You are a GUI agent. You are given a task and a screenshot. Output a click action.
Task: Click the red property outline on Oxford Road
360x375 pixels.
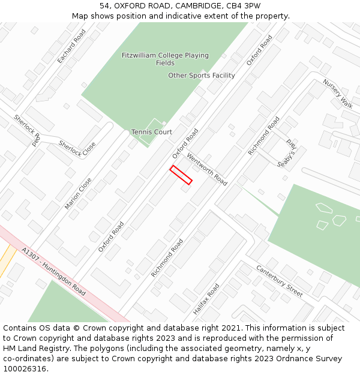pos(181,175)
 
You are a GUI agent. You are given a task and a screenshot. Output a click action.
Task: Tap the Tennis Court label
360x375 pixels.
pos(152,132)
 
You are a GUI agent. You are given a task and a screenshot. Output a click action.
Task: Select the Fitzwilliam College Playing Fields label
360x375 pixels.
pos(165,59)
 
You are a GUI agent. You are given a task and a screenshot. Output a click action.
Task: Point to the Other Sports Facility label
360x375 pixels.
pos(202,76)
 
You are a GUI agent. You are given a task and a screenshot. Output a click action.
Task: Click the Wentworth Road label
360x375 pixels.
pos(207,169)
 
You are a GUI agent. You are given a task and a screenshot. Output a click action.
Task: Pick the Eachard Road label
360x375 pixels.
pos(72,46)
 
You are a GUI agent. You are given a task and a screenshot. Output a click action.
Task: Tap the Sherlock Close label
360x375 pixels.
pos(77,148)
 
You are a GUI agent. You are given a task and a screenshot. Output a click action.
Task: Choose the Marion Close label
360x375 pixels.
pos(79,193)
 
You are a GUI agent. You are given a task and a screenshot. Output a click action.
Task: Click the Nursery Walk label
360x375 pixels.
pos(338,93)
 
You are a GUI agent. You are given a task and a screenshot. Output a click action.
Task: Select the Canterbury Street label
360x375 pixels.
pos(280,280)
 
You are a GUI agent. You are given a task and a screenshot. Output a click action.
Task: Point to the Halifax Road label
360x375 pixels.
pos(208,300)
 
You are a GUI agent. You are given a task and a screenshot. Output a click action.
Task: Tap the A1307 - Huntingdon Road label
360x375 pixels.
pos(53,271)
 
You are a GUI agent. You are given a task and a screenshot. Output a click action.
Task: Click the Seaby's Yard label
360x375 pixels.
pos(287,154)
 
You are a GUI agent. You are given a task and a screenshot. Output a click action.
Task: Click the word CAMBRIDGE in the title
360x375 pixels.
pos(197,5)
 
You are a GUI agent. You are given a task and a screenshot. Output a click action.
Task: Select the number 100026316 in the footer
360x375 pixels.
pos(25,369)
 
